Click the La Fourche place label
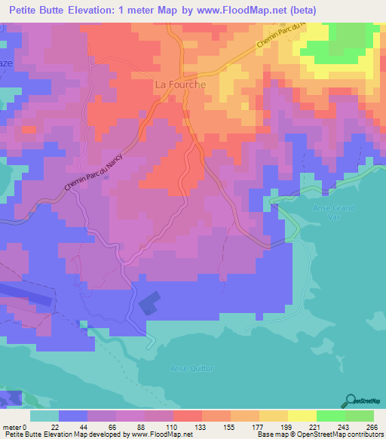[180, 84]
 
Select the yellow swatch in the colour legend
[302, 416]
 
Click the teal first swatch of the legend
[44, 416]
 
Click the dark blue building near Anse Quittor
[149, 303]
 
